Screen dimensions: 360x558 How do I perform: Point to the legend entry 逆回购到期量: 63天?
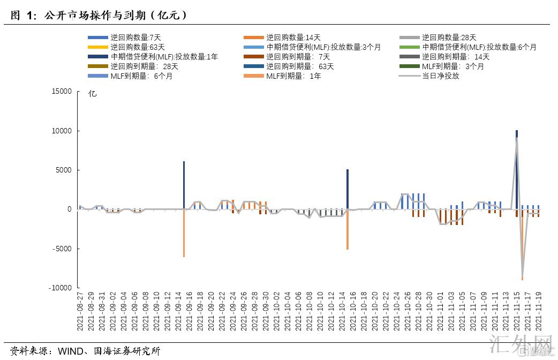pos(300,66)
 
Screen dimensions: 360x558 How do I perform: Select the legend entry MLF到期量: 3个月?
pos(453,66)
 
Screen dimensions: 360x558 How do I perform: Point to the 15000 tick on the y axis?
pos(62,92)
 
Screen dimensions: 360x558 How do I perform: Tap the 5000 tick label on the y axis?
pos(64,170)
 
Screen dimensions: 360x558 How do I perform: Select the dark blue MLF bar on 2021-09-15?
pos(184,185)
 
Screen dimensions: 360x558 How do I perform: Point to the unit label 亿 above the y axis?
pos(92,94)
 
